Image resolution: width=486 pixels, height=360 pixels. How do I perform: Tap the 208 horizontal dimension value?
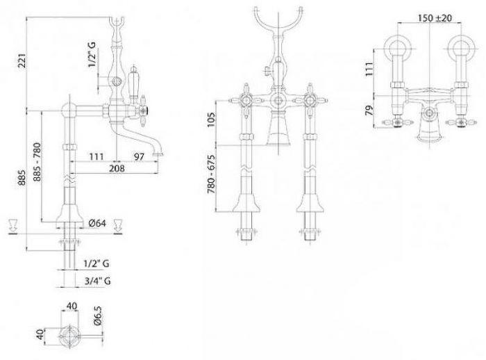pyautogui.click(x=117, y=168)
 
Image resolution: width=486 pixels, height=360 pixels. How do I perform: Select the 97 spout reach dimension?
pyautogui.click(x=139, y=157)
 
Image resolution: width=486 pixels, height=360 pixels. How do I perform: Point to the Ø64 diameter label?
pyautogui.click(x=97, y=223)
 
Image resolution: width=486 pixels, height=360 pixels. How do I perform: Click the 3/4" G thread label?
pyautogui.click(x=98, y=281)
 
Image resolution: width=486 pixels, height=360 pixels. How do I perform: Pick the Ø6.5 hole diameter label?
pyautogui.click(x=97, y=316)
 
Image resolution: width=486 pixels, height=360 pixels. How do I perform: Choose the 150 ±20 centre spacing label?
pyautogui.click(x=435, y=18)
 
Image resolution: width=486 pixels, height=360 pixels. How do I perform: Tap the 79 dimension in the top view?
pyautogui.click(x=369, y=111)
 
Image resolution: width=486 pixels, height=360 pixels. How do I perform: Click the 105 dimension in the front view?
pyautogui.click(x=211, y=120)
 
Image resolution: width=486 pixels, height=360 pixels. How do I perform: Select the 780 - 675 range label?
pyautogui.click(x=211, y=174)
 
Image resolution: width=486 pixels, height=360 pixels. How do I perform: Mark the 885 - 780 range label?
pyautogui.click(x=37, y=162)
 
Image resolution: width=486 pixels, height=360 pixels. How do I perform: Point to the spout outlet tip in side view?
pyautogui.click(x=159, y=154)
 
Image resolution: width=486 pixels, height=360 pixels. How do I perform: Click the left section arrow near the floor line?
pyautogui.click(x=12, y=225)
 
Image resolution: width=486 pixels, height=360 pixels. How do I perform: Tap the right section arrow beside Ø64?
pyautogui.click(x=118, y=225)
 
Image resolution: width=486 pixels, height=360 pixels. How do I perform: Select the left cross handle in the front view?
pyautogui.click(x=246, y=100)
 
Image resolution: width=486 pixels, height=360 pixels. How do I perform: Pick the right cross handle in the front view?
pyautogui.click(x=310, y=100)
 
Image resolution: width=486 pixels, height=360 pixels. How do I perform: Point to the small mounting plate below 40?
pyautogui.click(x=70, y=336)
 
